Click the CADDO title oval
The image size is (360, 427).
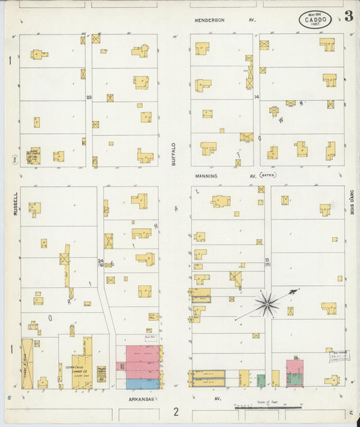[316, 19]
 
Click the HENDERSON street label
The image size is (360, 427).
[210, 20]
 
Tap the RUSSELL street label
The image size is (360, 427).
[14, 203]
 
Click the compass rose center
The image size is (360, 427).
[267, 304]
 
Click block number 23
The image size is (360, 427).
[88, 97]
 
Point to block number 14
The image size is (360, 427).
[257, 97]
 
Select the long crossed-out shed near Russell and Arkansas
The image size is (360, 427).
[27, 363]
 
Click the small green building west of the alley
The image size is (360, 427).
[261, 380]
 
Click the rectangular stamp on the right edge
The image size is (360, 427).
[339, 356]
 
